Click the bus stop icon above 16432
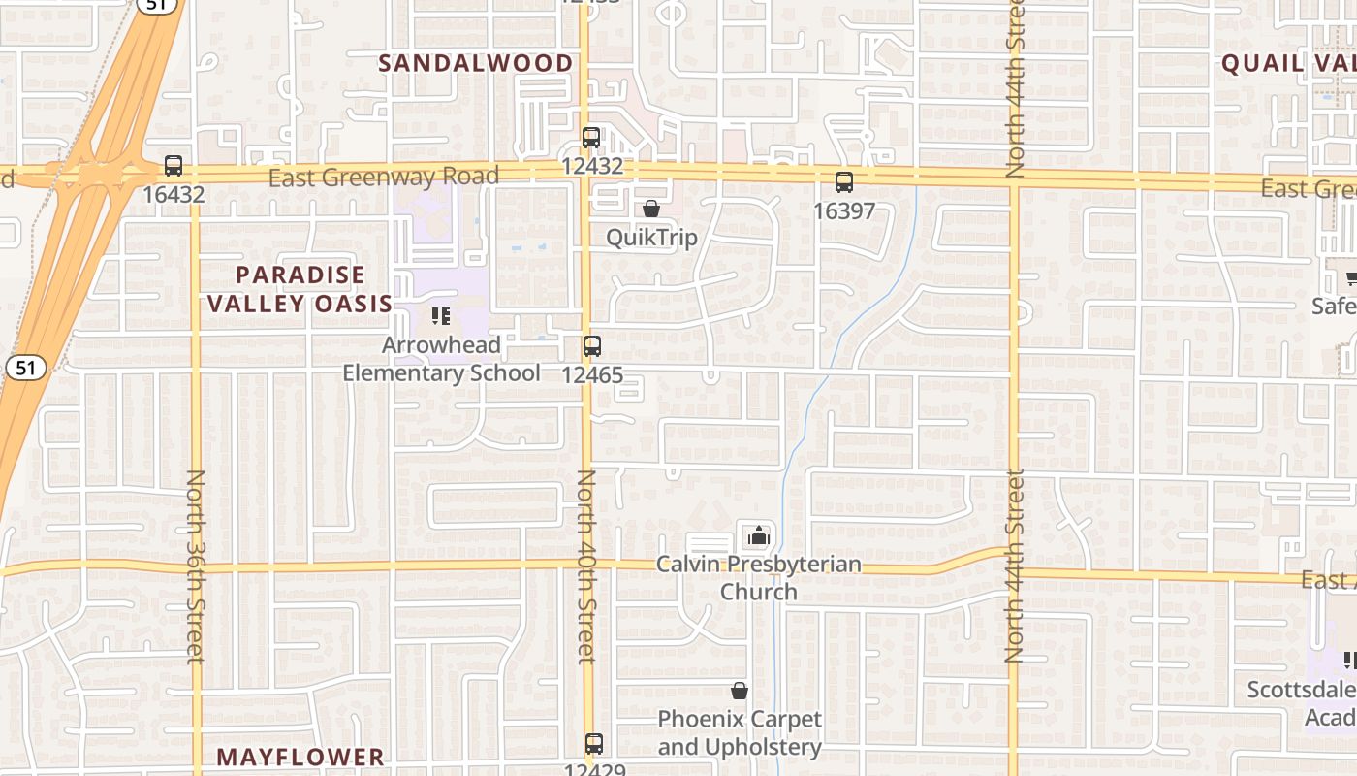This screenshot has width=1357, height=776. click(174, 166)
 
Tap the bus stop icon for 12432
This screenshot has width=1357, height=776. click(591, 138)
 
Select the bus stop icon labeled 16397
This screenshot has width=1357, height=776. click(844, 182)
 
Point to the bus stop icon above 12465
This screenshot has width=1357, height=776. click(591, 346)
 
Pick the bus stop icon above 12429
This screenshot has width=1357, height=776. click(594, 744)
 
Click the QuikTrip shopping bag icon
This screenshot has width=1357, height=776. click(651, 209)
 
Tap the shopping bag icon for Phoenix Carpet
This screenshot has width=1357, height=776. click(740, 691)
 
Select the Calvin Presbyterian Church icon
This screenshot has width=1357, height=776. click(759, 535)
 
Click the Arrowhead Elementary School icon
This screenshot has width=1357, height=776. click(441, 315)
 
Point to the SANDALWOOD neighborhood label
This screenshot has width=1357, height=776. click(475, 63)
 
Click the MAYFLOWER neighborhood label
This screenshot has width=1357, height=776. click(300, 757)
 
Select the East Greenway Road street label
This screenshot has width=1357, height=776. click(383, 177)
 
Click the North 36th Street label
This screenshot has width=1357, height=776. click(196, 566)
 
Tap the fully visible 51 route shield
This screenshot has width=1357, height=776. click(21, 368)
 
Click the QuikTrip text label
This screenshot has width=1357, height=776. click(651, 238)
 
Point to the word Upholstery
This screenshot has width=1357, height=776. click(768, 747)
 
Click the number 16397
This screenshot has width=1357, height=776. click(844, 210)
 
